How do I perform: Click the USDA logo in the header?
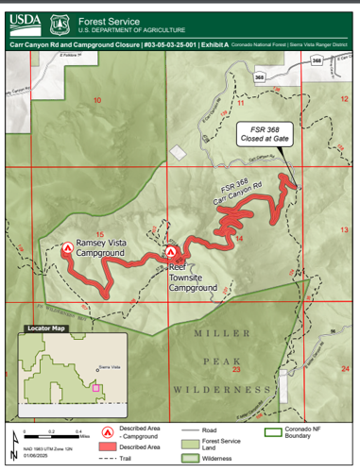click(x=25, y=19)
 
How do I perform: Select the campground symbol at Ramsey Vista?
click(x=68, y=250)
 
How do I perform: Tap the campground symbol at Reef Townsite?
click(x=171, y=253)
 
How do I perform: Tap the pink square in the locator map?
click(x=95, y=387)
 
